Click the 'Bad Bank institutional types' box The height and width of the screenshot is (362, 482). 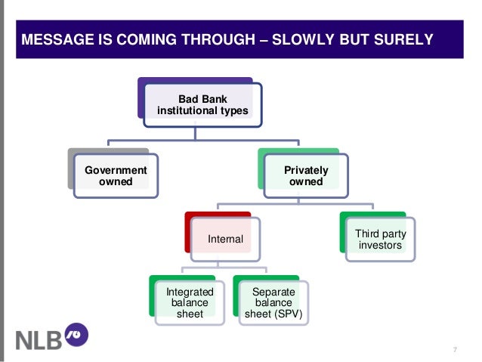click(x=202, y=106)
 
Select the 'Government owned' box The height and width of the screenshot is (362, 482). click(x=116, y=176)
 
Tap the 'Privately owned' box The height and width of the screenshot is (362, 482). click(x=306, y=176)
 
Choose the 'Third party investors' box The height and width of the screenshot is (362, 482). click(x=380, y=239)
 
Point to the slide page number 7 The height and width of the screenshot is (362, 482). click(x=455, y=348)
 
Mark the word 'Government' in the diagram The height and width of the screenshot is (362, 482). click(x=116, y=171)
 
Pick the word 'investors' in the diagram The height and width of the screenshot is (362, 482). click(x=380, y=245)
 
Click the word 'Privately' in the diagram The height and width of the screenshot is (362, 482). click(x=306, y=171)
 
